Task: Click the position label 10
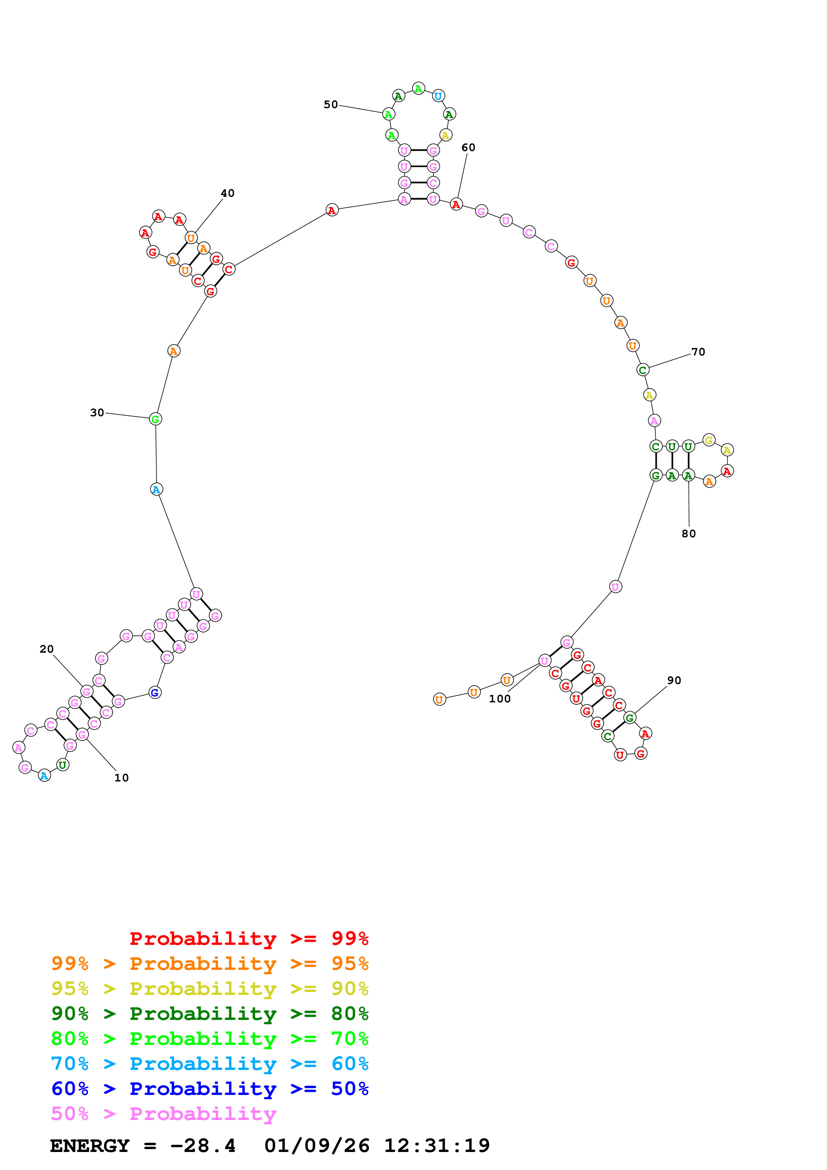(x=121, y=778)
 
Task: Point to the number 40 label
(x=227, y=193)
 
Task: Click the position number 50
(x=331, y=104)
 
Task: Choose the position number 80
(x=689, y=534)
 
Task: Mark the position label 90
(x=674, y=680)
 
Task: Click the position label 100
(x=499, y=699)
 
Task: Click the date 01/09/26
(x=317, y=1146)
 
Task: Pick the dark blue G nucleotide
(x=155, y=692)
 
